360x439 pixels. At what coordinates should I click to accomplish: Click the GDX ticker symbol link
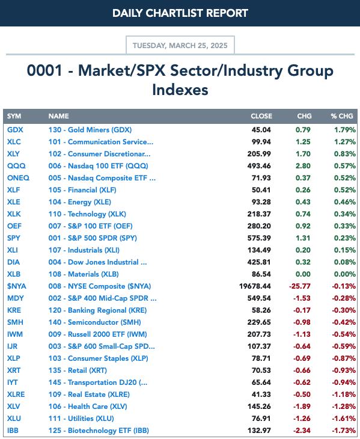click(15, 130)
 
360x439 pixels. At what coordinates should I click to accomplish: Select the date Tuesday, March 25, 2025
click(180, 45)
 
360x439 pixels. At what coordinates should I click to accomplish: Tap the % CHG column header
click(342, 116)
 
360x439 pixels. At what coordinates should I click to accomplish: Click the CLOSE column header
click(261, 116)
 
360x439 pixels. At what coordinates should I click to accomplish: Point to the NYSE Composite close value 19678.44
click(255, 286)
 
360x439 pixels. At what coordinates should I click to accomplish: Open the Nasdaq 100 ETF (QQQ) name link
click(98, 166)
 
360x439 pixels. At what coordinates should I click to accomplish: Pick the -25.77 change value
click(299, 286)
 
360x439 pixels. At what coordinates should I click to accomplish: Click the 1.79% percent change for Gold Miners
click(345, 130)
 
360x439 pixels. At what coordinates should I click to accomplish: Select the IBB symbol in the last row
click(13, 431)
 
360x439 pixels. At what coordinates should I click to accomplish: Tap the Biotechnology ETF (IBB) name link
click(99, 431)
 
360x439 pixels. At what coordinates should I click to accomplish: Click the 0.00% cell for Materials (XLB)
click(345, 274)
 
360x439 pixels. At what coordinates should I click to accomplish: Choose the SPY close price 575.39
click(259, 238)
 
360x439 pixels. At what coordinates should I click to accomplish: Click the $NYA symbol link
click(16, 286)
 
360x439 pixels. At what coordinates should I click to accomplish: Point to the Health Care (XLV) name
click(88, 407)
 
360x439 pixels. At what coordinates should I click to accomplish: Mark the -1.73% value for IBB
click(344, 431)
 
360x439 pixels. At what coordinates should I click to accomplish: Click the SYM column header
click(14, 116)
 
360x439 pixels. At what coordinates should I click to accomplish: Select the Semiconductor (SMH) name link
click(94, 322)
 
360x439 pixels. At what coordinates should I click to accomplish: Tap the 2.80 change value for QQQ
click(303, 166)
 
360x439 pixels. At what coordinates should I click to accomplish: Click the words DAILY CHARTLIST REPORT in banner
click(180, 13)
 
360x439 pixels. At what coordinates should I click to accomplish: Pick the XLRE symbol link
click(16, 394)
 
